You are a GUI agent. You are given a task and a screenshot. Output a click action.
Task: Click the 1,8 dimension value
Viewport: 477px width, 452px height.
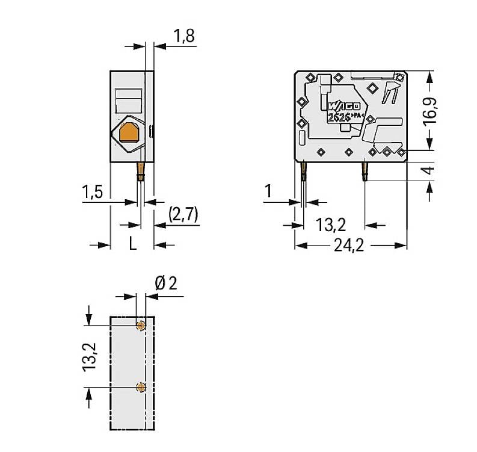pyautogui.click(x=184, y=36)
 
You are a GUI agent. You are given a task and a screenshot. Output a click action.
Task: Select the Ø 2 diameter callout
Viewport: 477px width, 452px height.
pyautogui.click(x=166, y=283)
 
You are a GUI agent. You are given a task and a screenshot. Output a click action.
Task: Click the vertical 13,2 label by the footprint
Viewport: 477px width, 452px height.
pyautogui.click(x=90, y=357)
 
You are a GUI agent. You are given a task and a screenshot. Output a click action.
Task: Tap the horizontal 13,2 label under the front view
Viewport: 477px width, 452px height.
pyautogui.click(x=331, y=225)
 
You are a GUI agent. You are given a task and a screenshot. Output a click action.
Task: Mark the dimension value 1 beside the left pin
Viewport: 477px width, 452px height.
pyautogui.click(x=268, y=192)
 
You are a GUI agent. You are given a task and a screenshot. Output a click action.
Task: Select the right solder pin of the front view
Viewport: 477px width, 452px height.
pyautogui.click(x=365, y=171)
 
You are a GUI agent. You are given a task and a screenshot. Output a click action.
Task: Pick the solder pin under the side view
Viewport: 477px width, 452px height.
pyautogui.click(x=141, y=171)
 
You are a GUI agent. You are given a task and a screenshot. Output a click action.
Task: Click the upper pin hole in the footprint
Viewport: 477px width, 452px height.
pyautogui.click(x=141, y=326)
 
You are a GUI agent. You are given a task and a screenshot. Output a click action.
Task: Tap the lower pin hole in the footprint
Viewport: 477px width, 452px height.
pyautogui.click(x=141, y=387)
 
